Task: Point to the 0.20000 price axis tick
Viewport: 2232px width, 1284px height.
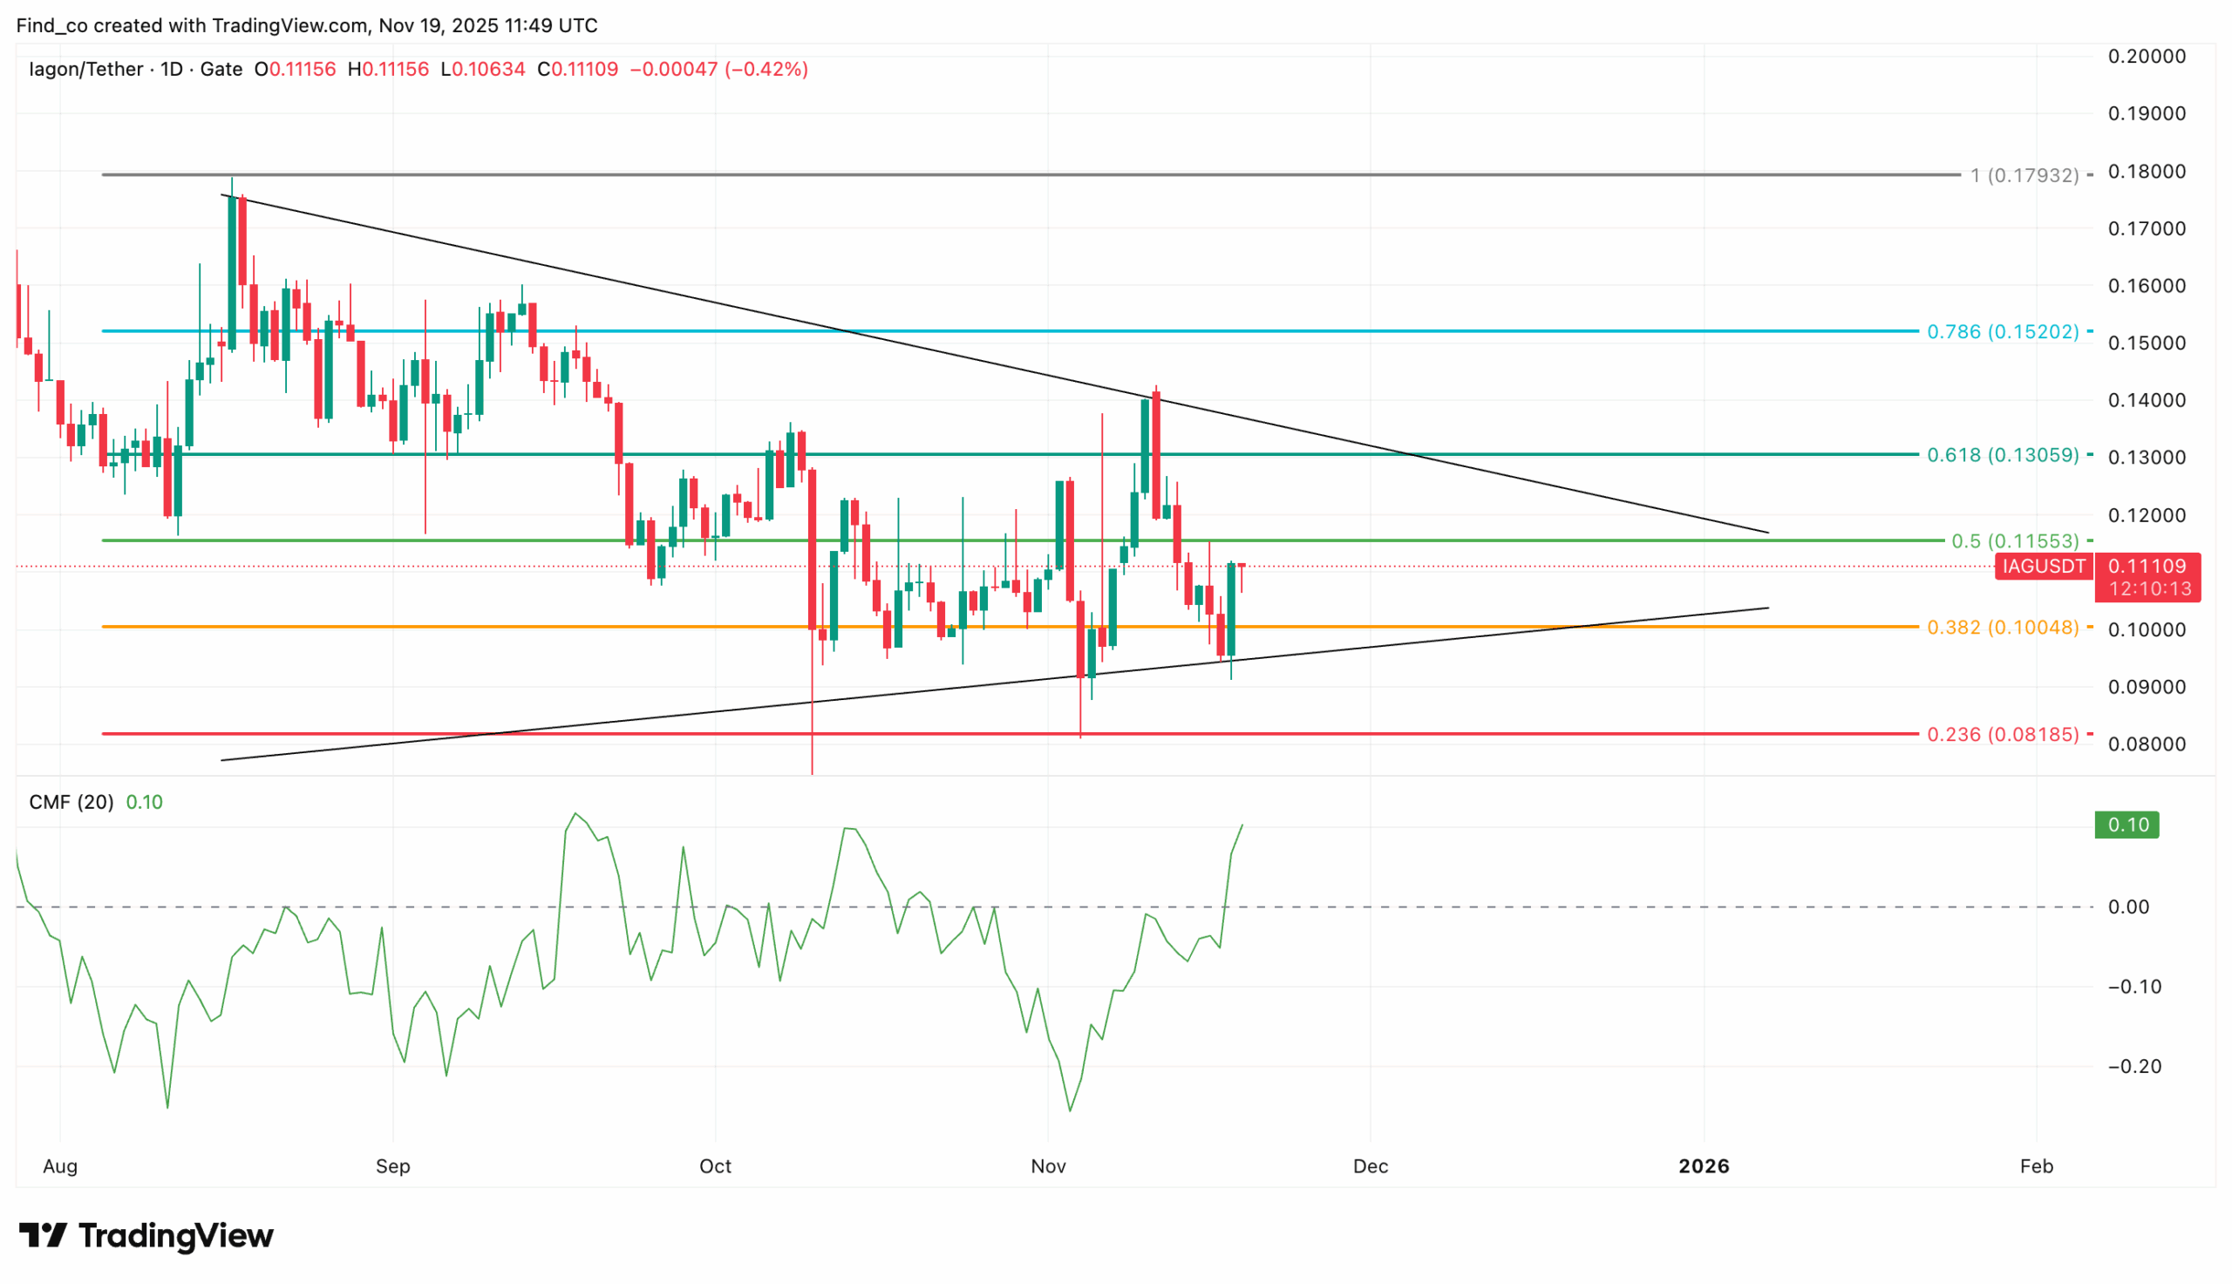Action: [x=2147, y=57]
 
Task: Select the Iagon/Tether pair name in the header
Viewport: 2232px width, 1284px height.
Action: [x=85, y=69]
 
